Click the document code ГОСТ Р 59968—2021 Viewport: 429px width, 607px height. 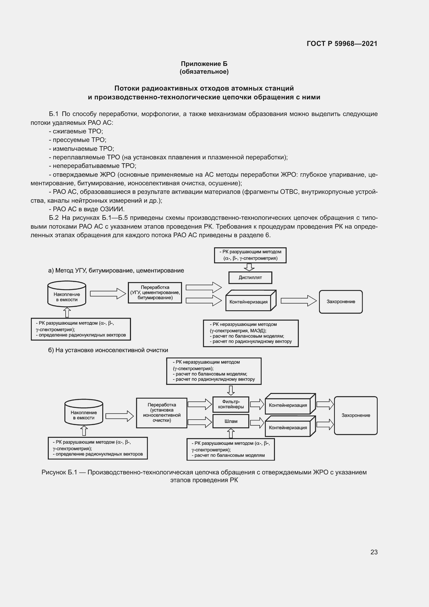tap(342, 44)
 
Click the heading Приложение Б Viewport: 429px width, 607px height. tap(204, 64)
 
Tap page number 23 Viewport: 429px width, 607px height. tap(374, 552)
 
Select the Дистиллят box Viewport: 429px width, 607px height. tap(250, 278)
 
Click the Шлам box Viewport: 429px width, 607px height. tap(231, 421)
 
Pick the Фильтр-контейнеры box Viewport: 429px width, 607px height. tap(231, 404)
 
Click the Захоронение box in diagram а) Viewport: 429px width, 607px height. tap(341, 302)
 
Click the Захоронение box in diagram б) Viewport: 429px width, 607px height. tap(356, 415)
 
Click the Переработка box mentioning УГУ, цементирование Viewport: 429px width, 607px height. tap(155, 293)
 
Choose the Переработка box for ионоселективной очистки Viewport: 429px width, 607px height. tap(161, 413)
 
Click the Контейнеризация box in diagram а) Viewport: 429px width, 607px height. tap(248, 302)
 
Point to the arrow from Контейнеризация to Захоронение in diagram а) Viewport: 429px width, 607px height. tap(298, 301)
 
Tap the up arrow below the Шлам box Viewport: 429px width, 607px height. tap(231, 433)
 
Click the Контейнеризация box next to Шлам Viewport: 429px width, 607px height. tap(288, 428)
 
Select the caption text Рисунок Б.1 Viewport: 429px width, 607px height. tap(59, 472)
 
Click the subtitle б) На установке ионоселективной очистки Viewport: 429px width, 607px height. tap(108, 350)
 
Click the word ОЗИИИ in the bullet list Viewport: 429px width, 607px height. tap(112, 209)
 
